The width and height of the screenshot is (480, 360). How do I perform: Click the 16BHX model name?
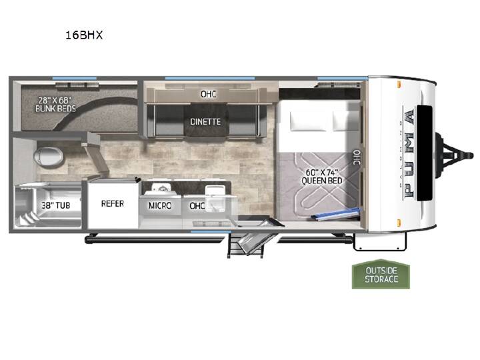[84, 35]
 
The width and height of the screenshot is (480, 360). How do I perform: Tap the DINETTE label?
[205, 122]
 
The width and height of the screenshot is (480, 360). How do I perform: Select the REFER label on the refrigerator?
[113, 203]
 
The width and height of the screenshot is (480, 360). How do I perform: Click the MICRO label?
[160, 205]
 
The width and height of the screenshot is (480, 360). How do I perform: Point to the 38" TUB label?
[56, 205]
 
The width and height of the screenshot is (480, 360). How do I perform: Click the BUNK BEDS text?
[55, 109]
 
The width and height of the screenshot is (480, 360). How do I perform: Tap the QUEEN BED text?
[322, 181]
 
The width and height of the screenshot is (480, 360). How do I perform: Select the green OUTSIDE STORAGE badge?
[381, 274]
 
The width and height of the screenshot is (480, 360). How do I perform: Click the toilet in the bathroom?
[49, 157]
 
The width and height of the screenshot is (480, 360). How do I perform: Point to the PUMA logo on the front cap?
[409, 153]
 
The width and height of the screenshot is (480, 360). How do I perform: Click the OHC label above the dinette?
[208, 94]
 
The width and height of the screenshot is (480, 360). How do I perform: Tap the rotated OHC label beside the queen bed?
[357, 157]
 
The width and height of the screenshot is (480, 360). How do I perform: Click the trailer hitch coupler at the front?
[455, 155]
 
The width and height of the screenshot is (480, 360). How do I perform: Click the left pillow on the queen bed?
[310, 121]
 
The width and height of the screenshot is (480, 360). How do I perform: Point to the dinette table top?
[206, 120]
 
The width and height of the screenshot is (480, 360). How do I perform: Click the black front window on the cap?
[425, 153]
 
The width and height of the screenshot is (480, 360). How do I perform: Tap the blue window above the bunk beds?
[75, 79]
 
